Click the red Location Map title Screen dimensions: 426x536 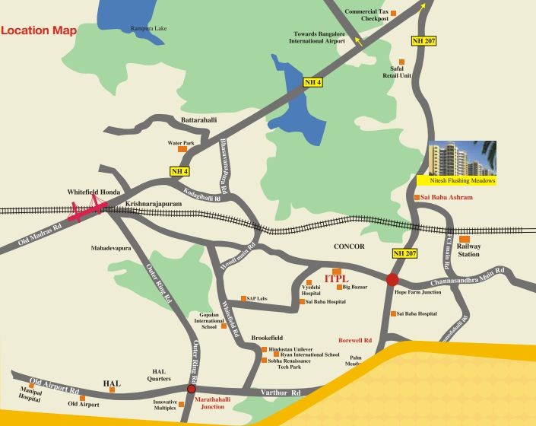click(40, 30)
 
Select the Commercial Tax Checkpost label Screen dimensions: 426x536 click(366, 15)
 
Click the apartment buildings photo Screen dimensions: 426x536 click(462, 158)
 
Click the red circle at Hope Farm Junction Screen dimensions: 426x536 click(392, 279)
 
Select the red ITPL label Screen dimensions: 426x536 click(336, 280)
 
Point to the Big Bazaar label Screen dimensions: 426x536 click(355, 287)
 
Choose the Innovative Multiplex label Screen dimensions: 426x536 click(166, 406)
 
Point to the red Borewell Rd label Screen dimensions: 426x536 click(355, 340)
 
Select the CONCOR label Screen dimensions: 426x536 click(349, 247)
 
